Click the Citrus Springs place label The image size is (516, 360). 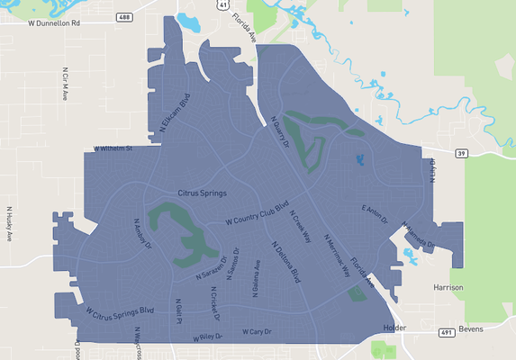[202, 193]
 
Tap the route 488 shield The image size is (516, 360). [123, 16]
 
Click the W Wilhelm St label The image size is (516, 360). [113, 148]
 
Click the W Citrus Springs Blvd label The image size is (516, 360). [121, 312]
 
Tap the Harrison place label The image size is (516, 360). [448, 287]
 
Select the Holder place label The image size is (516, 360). [395, 328]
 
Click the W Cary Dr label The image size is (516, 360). [257, 332]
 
